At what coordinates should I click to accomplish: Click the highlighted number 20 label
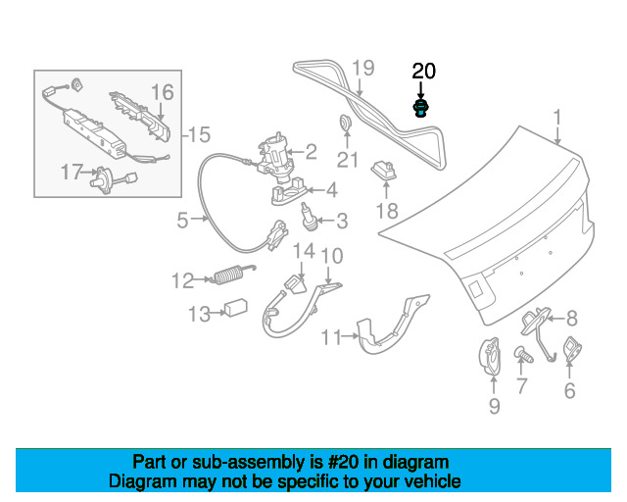pyautogui.click(x=423, y=71)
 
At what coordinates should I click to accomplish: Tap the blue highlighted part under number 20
pyautogui.click(x=421, y=107)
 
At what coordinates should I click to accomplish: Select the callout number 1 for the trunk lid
pyautogui.click(x=557, y=120)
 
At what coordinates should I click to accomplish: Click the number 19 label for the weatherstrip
pyautogui.click(x=362, y=69)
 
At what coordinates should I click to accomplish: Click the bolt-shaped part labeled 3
pyautogui.click(x=308, y=215)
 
